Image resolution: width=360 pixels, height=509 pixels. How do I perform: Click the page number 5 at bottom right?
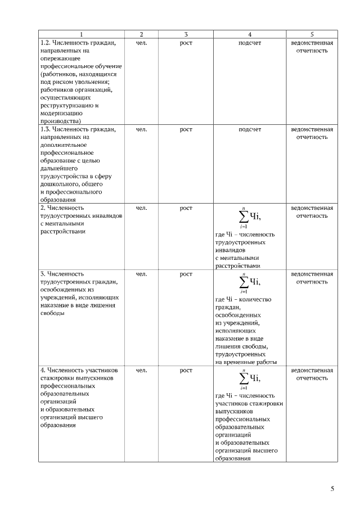(332, 489)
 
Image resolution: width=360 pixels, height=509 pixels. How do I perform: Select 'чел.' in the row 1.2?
(142, 43)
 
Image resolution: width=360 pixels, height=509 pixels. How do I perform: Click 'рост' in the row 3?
(186, 274)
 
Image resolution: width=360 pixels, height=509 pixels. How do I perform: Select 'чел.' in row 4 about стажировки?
(142, 371)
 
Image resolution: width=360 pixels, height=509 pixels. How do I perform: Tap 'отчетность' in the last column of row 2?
(312, 216)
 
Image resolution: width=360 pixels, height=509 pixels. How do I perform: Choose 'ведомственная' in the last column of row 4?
(312, 371)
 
